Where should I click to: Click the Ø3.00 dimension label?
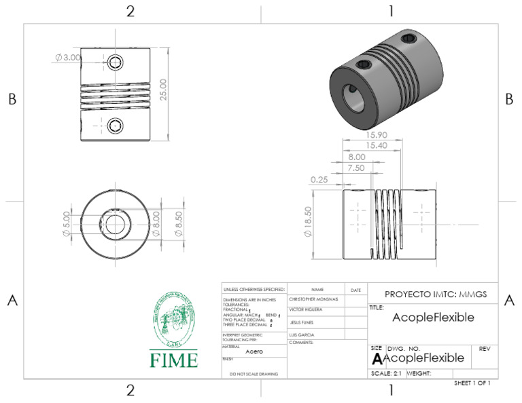point(68,58)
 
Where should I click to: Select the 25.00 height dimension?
point(163,88)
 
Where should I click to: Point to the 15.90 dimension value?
point(358,135)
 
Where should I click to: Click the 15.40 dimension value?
point(358,146)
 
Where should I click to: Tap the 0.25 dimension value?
point(319,180)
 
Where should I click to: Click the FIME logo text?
point(174,360)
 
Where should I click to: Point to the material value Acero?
point(254,351)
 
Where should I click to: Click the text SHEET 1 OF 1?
point(472,383)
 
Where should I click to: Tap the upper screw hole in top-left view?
point(116,63)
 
